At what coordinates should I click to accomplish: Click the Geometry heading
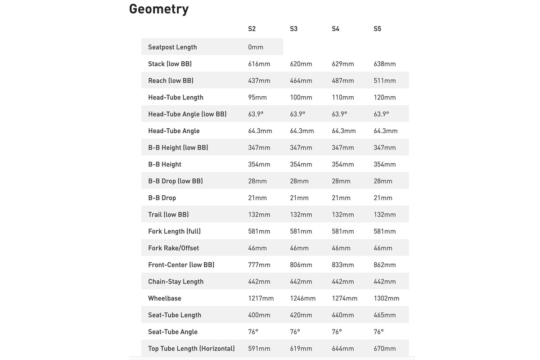159,9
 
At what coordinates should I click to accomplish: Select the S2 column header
252,29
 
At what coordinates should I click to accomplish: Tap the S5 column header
378,29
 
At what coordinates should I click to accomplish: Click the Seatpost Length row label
172,47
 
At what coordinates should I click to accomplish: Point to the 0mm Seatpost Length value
256,47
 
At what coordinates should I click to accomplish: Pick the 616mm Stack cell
259,64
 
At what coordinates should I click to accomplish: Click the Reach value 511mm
385,81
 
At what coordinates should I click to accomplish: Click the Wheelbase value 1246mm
303,298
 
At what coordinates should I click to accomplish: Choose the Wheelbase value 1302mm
387,298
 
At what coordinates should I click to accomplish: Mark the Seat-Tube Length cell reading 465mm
385,315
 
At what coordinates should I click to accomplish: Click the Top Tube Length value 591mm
259,348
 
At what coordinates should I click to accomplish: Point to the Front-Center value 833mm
343,265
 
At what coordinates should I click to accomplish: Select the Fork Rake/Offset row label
173,248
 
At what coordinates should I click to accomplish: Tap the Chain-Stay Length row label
175,282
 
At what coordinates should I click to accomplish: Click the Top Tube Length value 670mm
385,348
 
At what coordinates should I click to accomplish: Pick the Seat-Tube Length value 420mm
301,315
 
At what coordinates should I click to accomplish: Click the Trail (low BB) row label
168,215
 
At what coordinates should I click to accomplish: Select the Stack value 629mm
343,64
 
